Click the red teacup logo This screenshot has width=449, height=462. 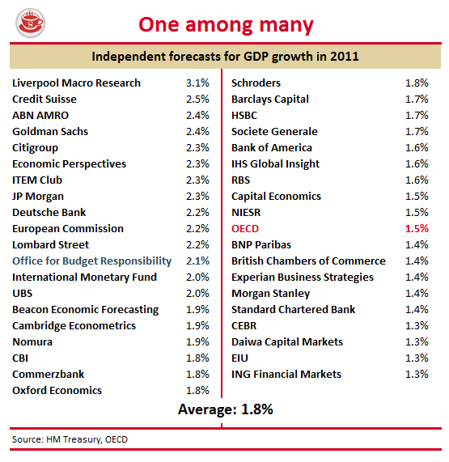point(30,23)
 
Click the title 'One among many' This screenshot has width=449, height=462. point(226,25)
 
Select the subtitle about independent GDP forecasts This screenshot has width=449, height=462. point(226,57)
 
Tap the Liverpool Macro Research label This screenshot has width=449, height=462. point(76,83)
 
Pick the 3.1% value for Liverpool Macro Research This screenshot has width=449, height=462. point(197,83)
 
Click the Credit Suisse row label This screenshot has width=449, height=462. point(44,100)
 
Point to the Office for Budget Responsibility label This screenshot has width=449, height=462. point(91,261)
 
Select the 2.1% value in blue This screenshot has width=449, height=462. point(197,261)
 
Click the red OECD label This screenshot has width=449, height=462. point(245,229)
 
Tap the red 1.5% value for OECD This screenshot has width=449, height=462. point(417,229)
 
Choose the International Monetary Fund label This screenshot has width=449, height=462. point(84,278)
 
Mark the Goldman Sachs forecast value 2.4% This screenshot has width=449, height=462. point(197,132)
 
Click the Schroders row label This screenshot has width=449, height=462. point(256,83)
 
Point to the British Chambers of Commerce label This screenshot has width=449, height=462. point(308,261)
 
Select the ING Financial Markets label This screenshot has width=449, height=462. point(286,375)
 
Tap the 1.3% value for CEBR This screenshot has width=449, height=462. point(417,326)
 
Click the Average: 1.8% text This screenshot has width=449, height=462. point(226,409)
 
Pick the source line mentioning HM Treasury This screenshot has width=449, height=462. point(70,439)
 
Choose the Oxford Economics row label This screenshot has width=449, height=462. point(57,391)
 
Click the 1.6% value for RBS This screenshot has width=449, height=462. point(417,180)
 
